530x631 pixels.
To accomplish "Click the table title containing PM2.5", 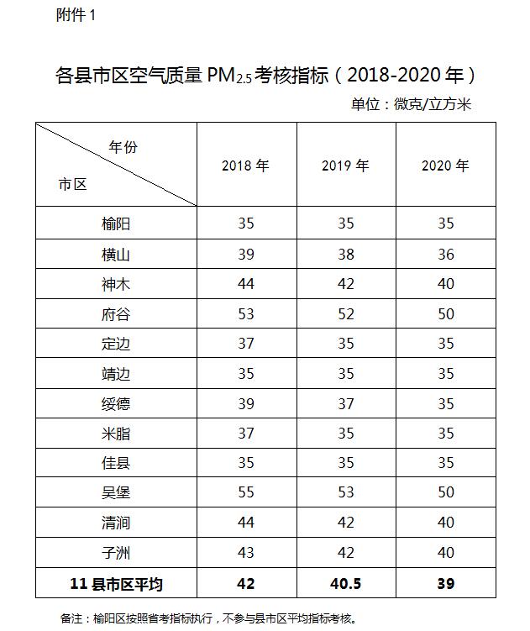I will pos(265,76).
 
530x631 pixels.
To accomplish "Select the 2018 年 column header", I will pos(245,166).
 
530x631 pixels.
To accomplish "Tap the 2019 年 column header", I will pos(345,166).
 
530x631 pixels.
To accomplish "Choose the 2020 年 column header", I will pos(445,166).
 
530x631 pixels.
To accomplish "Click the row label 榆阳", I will pos(116,223).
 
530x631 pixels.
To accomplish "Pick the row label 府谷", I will pos(116,314).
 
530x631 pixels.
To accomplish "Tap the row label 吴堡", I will pos(116,492).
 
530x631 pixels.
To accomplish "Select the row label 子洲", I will pos(116,553).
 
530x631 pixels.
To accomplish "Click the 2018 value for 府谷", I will pos(245,314).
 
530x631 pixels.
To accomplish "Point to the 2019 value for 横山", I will pos(345,254).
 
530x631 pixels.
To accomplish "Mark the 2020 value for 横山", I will pos(445,254).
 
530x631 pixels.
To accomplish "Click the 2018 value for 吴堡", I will pos(245,492).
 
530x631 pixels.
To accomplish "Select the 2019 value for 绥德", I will pos(345,403).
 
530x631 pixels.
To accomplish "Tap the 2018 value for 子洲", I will pos(245,553).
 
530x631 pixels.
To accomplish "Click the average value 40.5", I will pos(345,583).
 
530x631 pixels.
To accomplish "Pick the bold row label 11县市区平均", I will pos(116,583).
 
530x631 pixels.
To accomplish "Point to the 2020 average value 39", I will pos(445,583).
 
